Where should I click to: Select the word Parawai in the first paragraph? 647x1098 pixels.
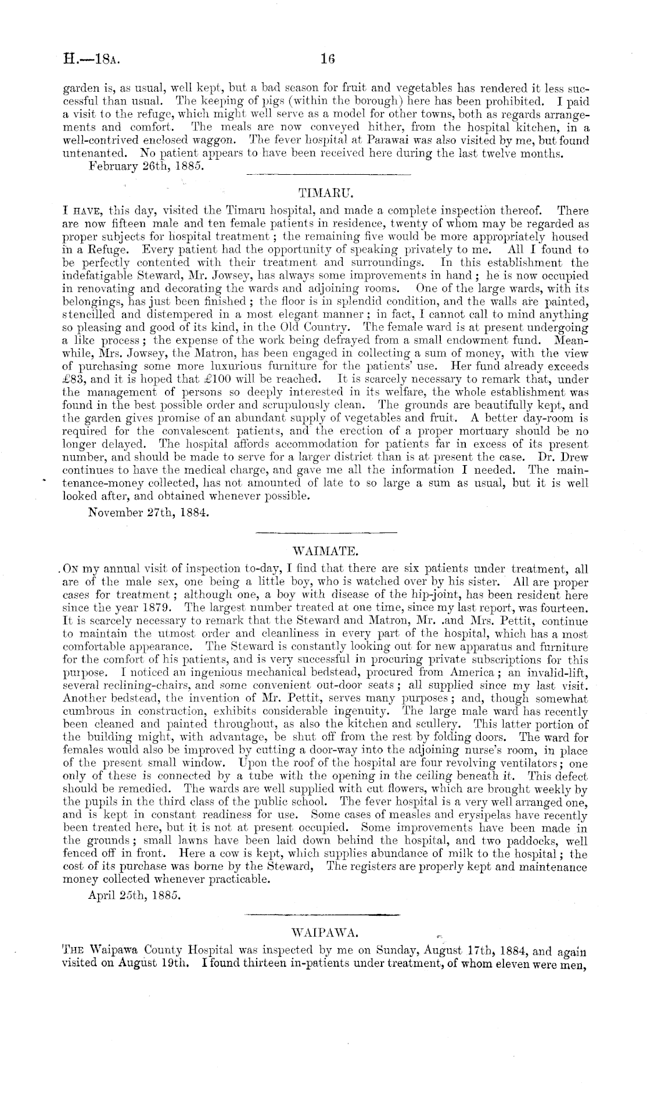click(414, 141)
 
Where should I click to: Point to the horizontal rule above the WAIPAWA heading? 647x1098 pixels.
click(323, 916)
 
